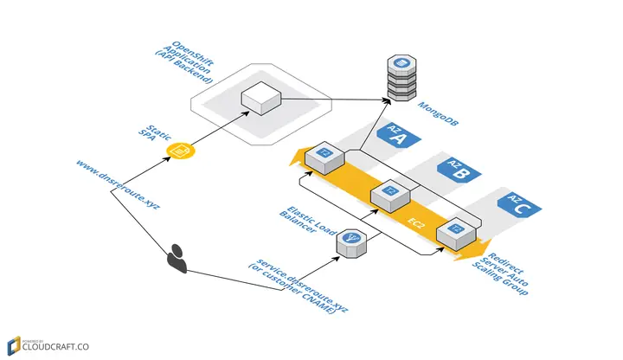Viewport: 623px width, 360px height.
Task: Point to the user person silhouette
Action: point(177,257)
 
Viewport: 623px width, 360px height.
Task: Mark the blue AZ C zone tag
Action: point(518,204)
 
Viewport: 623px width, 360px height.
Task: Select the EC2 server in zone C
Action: point(453,231)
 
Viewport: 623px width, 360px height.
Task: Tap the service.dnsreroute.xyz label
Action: point(299,289)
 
